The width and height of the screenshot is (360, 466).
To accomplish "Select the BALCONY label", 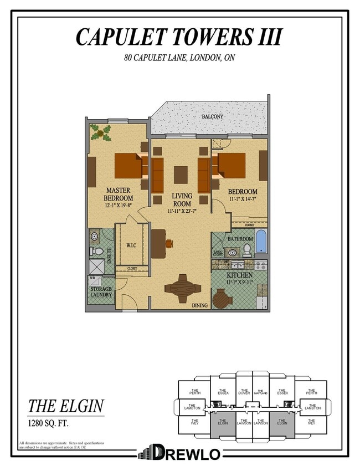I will click(212, 117).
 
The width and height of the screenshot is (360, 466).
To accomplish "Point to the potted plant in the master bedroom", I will click(101, 133).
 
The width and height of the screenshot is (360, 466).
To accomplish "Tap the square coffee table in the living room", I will click(181, 175).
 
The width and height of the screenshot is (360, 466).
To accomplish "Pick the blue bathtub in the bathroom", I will click(260, 242).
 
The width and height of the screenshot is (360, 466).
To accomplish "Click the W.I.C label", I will click(131, 245).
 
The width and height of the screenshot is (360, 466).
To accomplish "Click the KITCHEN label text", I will click(239, 275).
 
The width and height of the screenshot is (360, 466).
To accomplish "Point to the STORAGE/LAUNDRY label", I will click(101, 291).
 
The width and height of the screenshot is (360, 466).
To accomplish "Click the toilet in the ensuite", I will click(97, 251).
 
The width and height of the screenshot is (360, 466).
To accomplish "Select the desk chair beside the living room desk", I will click(168, 243).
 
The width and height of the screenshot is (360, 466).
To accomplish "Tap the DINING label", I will click(199, 305).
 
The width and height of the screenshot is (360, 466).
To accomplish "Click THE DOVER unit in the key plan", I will click(244, 392).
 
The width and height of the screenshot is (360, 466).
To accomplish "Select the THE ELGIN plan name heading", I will click(65, 406).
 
